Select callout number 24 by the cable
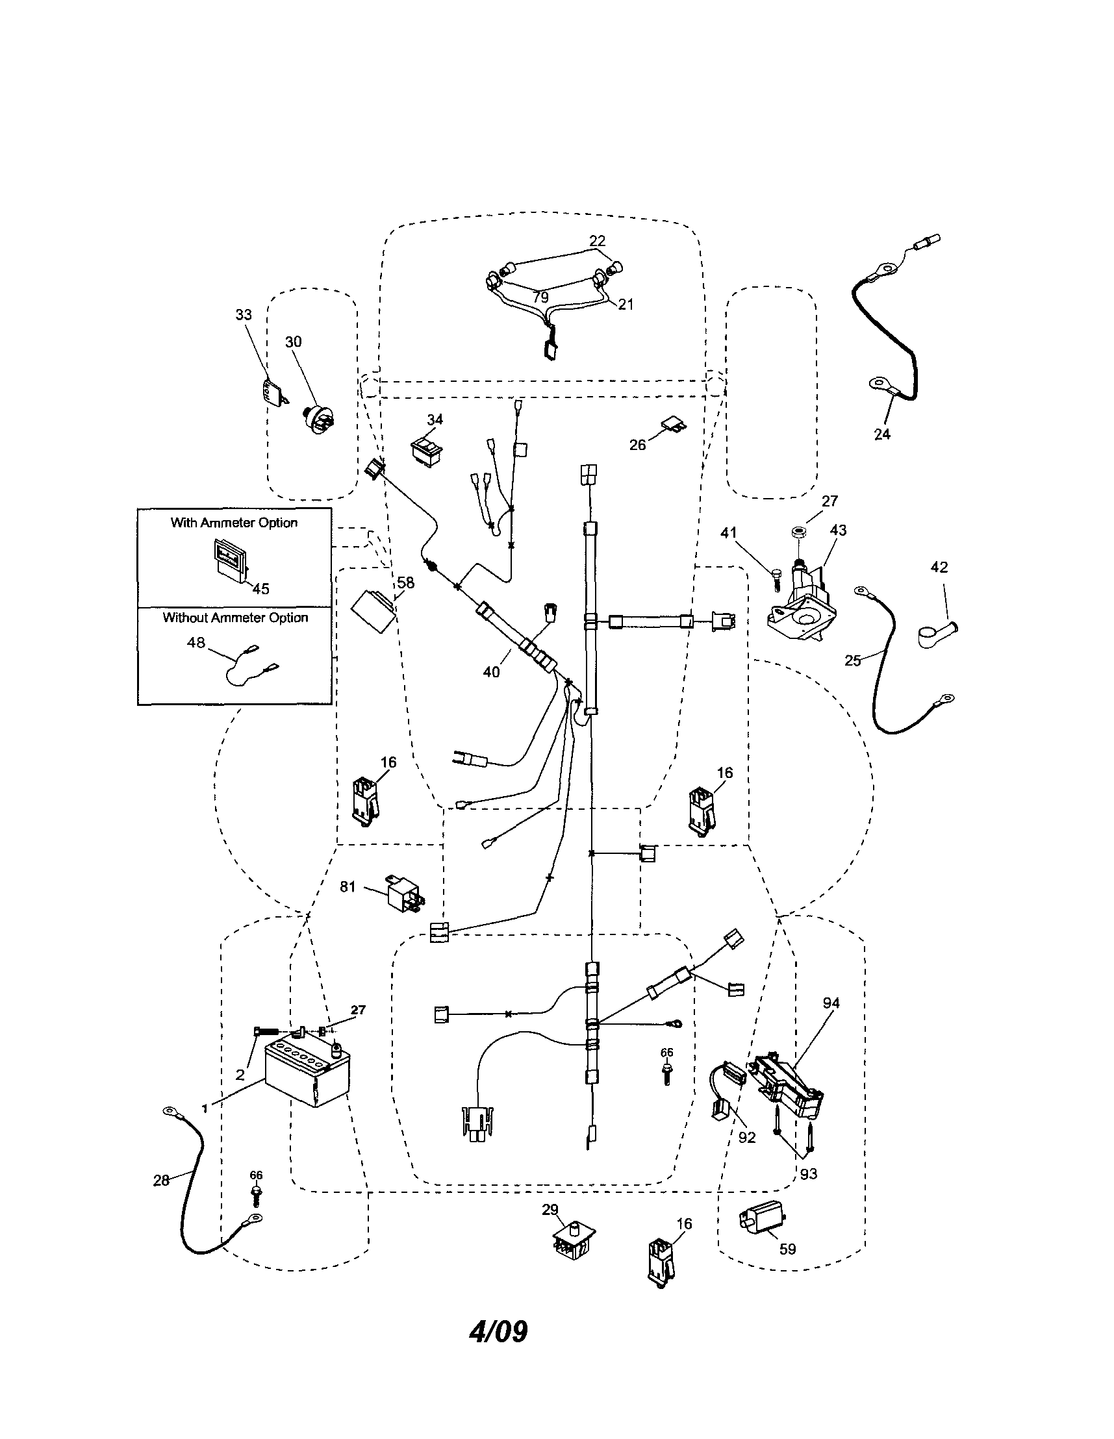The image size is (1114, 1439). click(x=882, y=434)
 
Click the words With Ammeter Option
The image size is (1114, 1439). click(x=234, y=523)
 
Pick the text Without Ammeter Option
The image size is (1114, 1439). click(x=235, y=618)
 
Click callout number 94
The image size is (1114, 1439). click(x=831, y=1003)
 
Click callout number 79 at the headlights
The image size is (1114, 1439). click(x=540, y=297)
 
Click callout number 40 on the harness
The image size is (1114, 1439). click(x=492, y=671)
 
